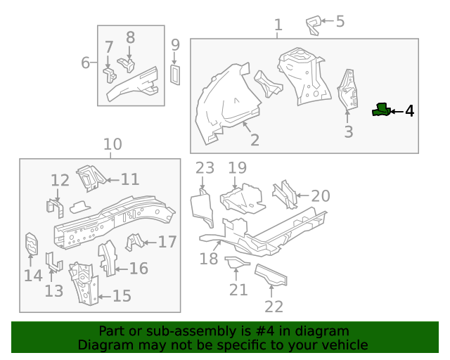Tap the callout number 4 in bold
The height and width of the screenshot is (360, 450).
(409, 111)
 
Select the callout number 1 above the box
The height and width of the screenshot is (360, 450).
(278, 25)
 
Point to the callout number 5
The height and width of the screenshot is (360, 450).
(340, 21)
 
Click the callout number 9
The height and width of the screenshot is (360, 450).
(175, 45)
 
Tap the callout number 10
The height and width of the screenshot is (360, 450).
(112, 145)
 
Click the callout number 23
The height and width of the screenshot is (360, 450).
(204, 168)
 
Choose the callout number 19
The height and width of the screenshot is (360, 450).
(237, 168)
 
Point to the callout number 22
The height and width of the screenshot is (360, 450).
(274, 306)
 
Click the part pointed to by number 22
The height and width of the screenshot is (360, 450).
(270, 276)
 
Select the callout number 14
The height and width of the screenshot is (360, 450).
(33, 275)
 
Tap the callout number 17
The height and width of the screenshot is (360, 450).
(167, 242)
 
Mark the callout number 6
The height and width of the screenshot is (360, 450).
(85, 63)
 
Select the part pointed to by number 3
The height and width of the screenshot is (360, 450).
(347, 89)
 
